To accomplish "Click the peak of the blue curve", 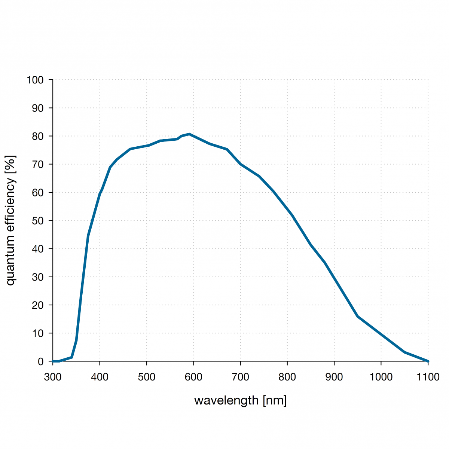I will click(x=189, y=134).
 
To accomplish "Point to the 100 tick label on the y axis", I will click(x=35, y=80).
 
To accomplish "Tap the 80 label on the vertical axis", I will click(x=37, y=137).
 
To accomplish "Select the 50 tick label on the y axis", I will click(x=37, y=221).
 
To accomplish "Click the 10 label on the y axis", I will click(x=37, y=333).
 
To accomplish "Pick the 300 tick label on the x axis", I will click(x=53, y=377).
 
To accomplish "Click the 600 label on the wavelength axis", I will click(x=193, y=377).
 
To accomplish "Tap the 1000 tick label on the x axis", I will click(x=381, y=377).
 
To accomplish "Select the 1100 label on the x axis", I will click(x=428, y=377).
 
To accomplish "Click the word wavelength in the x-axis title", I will click(x=226, y=401).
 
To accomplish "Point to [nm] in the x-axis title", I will click(x=275, y=401).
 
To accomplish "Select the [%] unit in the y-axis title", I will click(x=10, y=164).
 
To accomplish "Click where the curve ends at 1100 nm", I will click(x=428, y=361).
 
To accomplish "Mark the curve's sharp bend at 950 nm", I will click(x=358, y=317).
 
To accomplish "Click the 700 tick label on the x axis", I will click(x=240, y=377).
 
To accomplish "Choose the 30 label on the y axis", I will click(x=37, y=277).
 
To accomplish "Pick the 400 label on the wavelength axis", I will click(x=100, y=377).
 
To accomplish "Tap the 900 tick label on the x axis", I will click(x=334, y=377).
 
